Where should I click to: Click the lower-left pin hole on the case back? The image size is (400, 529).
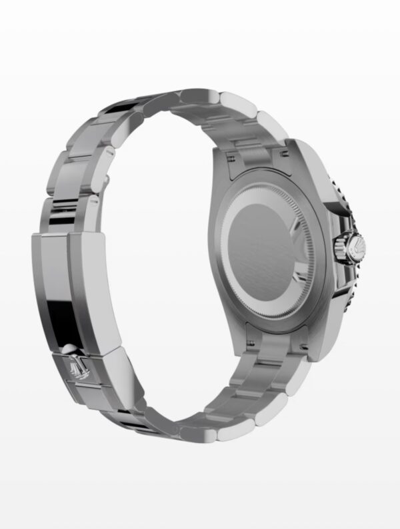252,342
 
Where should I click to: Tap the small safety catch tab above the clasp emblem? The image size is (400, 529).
70,346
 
